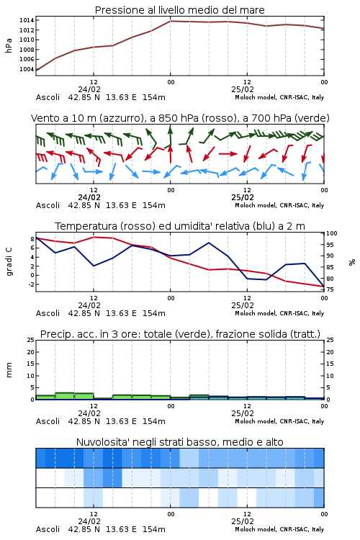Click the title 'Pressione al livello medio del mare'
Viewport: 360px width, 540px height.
pyautogui.click(x=179, y=10)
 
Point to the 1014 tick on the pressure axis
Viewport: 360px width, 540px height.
pyautogui.click(x=27, y=20)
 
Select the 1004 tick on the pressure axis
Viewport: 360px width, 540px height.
pyautogui.click(x=27, y=69)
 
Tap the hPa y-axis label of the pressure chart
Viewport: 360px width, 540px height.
pyautogui.click(x=9, y=45)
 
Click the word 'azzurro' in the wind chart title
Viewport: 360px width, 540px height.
pyautogui.click(x=121, y=118)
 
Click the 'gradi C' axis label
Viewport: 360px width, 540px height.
pyautogui.click(x=9, y=262)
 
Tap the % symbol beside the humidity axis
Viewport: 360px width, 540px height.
pyautogui.click(x=352, y=262)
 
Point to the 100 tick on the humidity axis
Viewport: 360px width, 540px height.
pyautogui.click(x=332, y=233)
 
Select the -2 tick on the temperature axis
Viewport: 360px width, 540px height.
pyautogui.click(x=31, y=284)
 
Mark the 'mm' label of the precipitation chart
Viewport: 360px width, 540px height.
pyautogui.click(x=9, y=370)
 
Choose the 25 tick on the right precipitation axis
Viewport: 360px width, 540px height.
pyautogui.click(x=330, y=340)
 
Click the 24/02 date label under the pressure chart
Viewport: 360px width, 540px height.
pyautogui.click(x=89, y=89)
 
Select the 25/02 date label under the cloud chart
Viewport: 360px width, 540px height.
pyautogui.click(x=243, y=521)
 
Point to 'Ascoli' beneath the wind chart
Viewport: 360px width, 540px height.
pyautogui.click(x=48, y=205)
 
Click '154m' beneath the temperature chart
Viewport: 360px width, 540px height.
pyautogui.click(x=154, y=313)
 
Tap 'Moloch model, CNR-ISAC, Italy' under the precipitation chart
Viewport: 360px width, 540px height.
pyautogui.click(x=279, y=421)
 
